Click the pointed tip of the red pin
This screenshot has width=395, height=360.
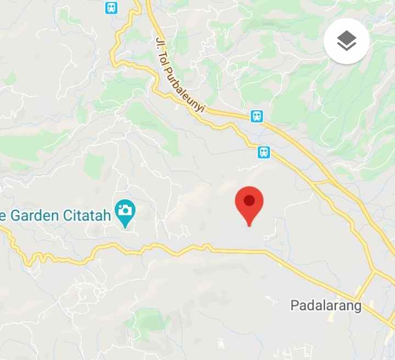[249, 225]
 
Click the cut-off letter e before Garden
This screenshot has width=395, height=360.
[3, 215]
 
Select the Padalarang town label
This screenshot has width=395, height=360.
[326, 306]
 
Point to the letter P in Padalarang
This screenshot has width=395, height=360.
[294, 306]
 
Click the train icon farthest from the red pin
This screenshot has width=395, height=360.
[111, 7]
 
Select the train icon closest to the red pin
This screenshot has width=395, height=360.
[264, 152]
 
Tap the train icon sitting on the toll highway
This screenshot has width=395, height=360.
[257, 116]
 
